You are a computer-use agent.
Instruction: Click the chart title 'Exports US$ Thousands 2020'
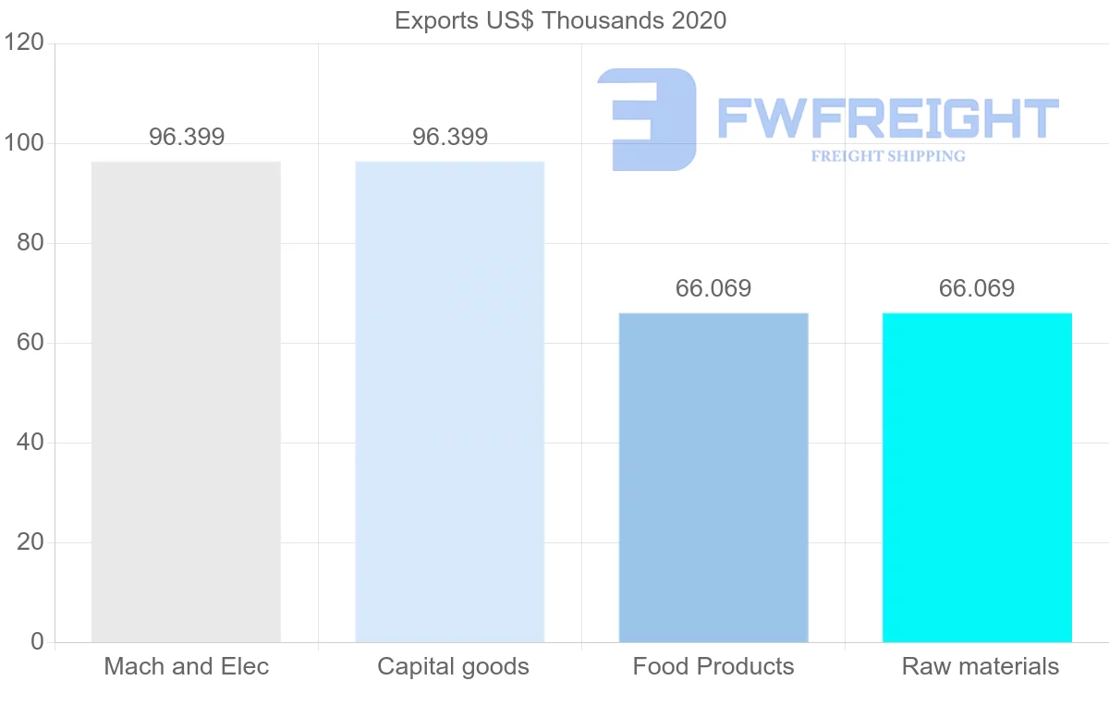(560, 20)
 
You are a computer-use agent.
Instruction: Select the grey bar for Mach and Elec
(186, 402)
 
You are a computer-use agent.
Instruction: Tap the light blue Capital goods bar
(450, 402)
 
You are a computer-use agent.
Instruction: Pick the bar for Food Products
(713, 478)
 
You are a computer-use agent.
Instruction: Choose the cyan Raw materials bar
(977, 478)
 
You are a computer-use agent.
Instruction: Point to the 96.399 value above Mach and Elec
(187, 138)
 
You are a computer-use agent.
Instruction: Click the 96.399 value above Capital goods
(450, 138)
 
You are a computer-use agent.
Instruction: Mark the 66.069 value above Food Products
(713, 288)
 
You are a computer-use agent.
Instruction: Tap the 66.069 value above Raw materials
(977, 288)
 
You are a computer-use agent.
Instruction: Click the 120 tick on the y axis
(24, 43)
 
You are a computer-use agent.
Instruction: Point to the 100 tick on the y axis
(24, 143)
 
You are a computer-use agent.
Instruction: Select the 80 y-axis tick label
(30, 243)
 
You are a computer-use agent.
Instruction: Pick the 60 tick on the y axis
(30, 343)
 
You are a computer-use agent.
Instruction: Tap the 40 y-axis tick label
(30, 443)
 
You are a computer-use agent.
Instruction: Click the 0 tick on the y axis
(37, 641)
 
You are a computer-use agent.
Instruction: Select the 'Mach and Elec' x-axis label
(187, 667)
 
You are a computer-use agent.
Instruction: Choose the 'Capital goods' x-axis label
(453, 667)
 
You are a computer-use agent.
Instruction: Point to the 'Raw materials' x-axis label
(981, 667)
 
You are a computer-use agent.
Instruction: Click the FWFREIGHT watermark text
(887, 119)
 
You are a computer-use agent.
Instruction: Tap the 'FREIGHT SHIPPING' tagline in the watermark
(888, 156)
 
